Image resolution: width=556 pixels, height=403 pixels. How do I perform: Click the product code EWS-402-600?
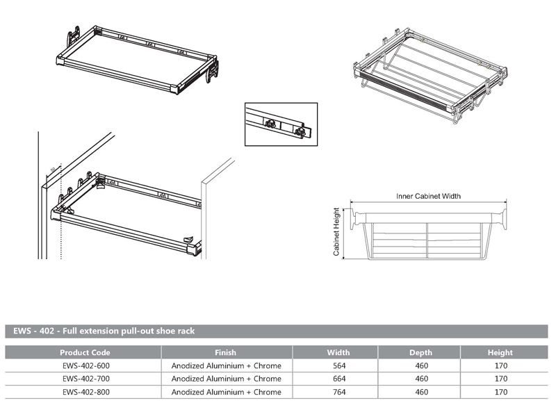[x=85, y=365]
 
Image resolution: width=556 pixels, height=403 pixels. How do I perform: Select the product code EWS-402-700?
[x=85, y=379]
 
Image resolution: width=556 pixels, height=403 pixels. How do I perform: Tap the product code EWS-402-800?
[x=85, y=392]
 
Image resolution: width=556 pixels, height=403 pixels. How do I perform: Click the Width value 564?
[x=338, y=365]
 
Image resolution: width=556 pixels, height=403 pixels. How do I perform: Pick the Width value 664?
[x=338, y=379]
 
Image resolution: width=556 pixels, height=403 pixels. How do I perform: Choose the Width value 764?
[x=338, y=392]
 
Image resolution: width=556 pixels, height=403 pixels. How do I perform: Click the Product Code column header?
[x=85, y=352]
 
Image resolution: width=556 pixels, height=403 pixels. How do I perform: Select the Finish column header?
[x=226, y=352]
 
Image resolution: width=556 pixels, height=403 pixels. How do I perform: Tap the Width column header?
[x=338, y=352]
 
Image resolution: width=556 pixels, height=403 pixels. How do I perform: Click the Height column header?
[x=500, y=352]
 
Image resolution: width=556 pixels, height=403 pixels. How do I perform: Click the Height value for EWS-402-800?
[x=500, y=392]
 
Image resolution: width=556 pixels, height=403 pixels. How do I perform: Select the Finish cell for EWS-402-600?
[x=226, y=365]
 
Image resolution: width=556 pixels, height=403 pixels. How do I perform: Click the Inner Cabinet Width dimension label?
[x=428, y=197]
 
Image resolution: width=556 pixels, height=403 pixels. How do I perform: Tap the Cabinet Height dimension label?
[x=336, y=232]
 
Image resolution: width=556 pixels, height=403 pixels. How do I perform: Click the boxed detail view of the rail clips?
[x=281, y=124]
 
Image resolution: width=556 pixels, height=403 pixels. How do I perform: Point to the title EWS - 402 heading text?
[x=104, y=331]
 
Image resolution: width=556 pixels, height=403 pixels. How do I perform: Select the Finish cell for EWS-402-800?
[x=226, y=392]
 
